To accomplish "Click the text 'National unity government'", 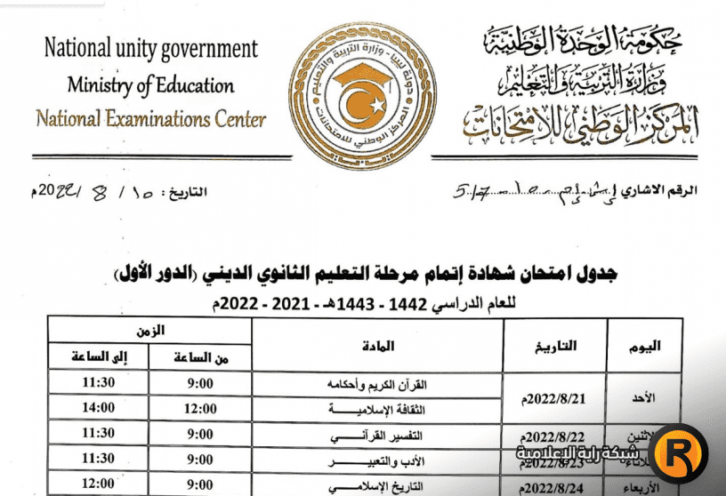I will pyautogui.click(x=151, y=48).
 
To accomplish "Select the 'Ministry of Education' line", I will pyautogui.click(x=151, y=85).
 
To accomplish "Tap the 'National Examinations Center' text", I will pyautogui.click(x=151, y=118).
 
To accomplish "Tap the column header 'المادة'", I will pyautogui.click(x=379, y=345).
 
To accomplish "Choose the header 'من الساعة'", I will pyautogui.click(x=200, y=357).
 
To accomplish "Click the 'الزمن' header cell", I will pyautogui.click(x=150, y=330).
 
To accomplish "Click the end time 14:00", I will pyautogui.click(x=98, y=408).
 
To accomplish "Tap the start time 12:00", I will pyautogui.click(x=200, y=408).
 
